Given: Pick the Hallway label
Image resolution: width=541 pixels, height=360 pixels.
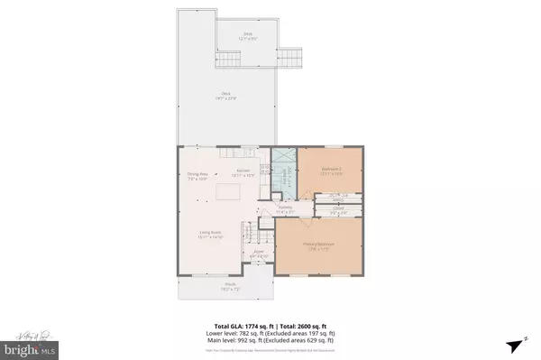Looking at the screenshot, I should [x=285, y=209].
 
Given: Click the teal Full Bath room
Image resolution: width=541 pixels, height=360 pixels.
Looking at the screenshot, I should [x=283, y=171].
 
